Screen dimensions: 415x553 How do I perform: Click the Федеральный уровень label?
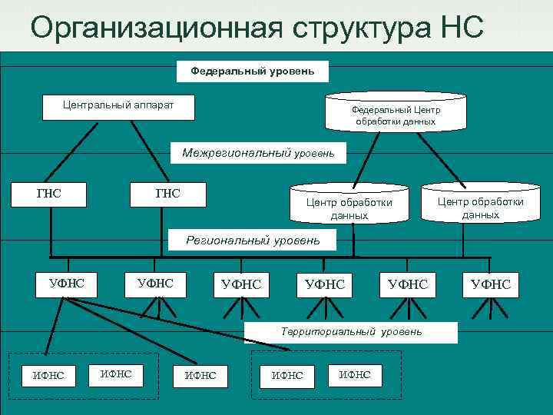(x=253, y=71)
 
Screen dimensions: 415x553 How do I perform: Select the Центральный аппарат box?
(x=118, y=108)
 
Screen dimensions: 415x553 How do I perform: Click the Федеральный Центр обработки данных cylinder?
(x=395, y=114)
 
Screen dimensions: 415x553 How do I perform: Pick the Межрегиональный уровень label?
(x=258, y=152)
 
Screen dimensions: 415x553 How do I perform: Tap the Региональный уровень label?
(x=253, y=240)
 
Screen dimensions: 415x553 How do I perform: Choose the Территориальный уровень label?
(x=351, y=331)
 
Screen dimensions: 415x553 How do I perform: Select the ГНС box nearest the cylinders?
(x=167, y=194)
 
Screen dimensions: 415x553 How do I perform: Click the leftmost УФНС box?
(x=67, y=283)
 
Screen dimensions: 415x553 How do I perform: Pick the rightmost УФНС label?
(x=491, y=285)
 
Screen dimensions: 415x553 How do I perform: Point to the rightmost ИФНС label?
(x=354, y=374)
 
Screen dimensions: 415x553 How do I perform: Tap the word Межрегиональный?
(x=237, y=152)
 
